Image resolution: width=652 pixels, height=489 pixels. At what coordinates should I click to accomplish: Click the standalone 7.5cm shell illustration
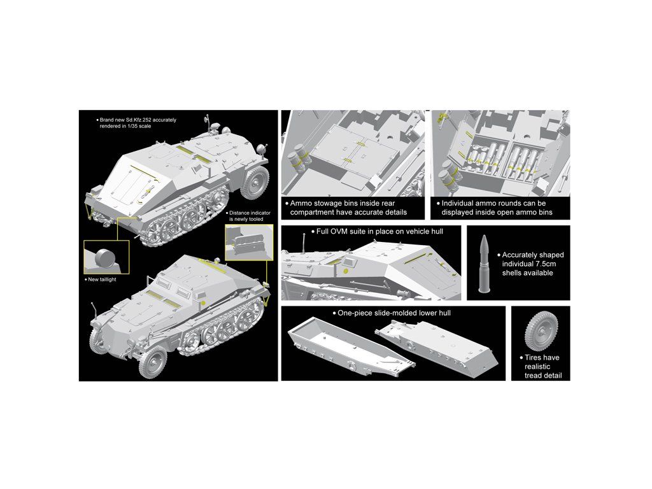pos(484,264)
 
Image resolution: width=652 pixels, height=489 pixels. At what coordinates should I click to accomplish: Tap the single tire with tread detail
pos(541,332)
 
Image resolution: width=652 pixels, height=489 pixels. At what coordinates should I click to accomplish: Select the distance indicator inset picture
pos(249,242)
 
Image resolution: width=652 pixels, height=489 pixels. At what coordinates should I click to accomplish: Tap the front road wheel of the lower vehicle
pos(153,362)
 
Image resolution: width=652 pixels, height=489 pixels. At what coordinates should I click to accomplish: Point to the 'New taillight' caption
pos(102,280)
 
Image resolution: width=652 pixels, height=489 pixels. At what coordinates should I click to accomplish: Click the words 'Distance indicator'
pos(250,213)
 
